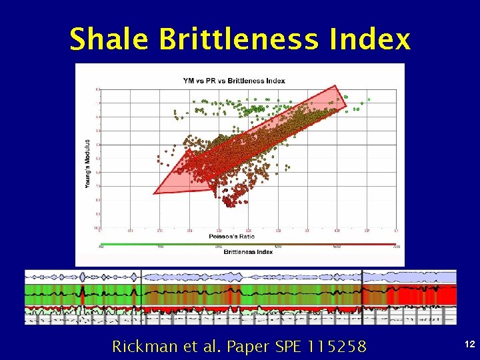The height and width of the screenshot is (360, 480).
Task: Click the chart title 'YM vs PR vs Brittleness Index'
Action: coord(234,81)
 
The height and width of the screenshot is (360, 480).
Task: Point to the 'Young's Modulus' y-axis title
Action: coord(87,163)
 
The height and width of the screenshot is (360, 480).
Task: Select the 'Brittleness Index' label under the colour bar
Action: coord(248,252)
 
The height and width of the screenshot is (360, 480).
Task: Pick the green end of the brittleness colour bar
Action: coord(107,245)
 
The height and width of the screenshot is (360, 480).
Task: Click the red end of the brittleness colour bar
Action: coord(390,245)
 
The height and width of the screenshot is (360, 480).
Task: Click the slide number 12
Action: coord(469,343)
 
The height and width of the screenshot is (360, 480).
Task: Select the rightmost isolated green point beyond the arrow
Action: coord(369,99)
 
